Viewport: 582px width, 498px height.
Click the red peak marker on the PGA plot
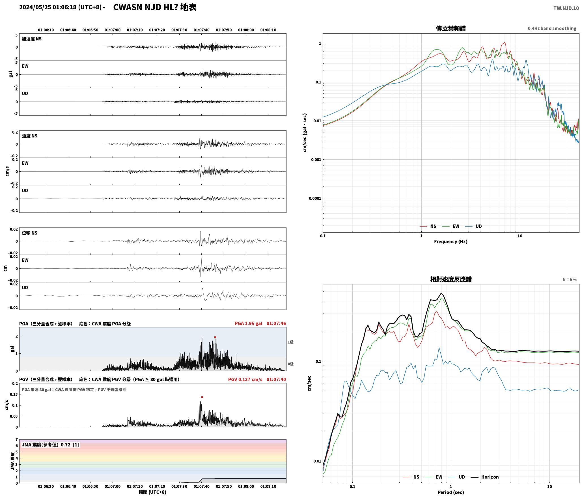215,337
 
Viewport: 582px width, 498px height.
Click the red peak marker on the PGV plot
202,397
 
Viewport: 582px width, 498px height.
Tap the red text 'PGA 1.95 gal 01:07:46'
260,323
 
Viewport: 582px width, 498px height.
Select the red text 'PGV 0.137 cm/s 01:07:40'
257,379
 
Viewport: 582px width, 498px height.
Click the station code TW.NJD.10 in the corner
566,8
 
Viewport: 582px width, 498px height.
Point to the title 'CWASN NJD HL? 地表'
155,7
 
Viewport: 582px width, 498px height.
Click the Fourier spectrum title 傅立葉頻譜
451,28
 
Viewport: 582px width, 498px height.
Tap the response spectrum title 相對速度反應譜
451,279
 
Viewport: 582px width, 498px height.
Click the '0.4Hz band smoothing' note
552,29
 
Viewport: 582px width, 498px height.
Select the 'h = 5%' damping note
570,280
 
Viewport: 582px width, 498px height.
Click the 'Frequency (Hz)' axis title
451,242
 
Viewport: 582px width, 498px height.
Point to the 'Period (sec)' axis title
451,492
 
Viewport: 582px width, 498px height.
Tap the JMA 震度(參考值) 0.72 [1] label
51,445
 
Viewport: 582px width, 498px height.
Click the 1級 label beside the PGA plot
290,342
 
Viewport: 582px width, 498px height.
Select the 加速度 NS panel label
32,39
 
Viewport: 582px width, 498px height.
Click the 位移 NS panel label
29,233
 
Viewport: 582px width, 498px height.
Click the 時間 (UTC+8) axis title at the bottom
152,492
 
